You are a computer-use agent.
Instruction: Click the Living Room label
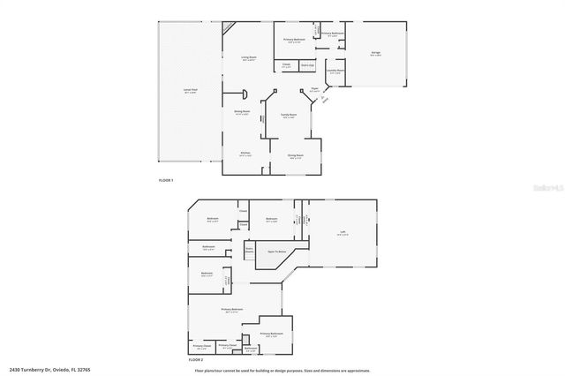coord(249,58)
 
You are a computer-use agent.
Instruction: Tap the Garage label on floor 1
coord(376,53)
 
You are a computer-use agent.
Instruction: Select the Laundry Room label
coord(335,71)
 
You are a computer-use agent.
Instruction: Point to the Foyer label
coord(314,89)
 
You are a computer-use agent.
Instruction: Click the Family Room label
coord(288,115)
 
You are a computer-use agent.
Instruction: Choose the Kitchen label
coord(246,154)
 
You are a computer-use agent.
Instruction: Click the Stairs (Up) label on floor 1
coord(307,65)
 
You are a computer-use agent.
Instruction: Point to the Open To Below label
coord(278,251)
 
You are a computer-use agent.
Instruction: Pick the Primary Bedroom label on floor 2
coord(231,310)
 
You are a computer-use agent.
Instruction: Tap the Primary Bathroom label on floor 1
coord(332,34)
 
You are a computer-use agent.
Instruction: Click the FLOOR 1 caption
coord(166,180)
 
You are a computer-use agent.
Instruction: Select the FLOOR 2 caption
coord(196,360)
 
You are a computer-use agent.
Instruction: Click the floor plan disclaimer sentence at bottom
coord(282,370)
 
